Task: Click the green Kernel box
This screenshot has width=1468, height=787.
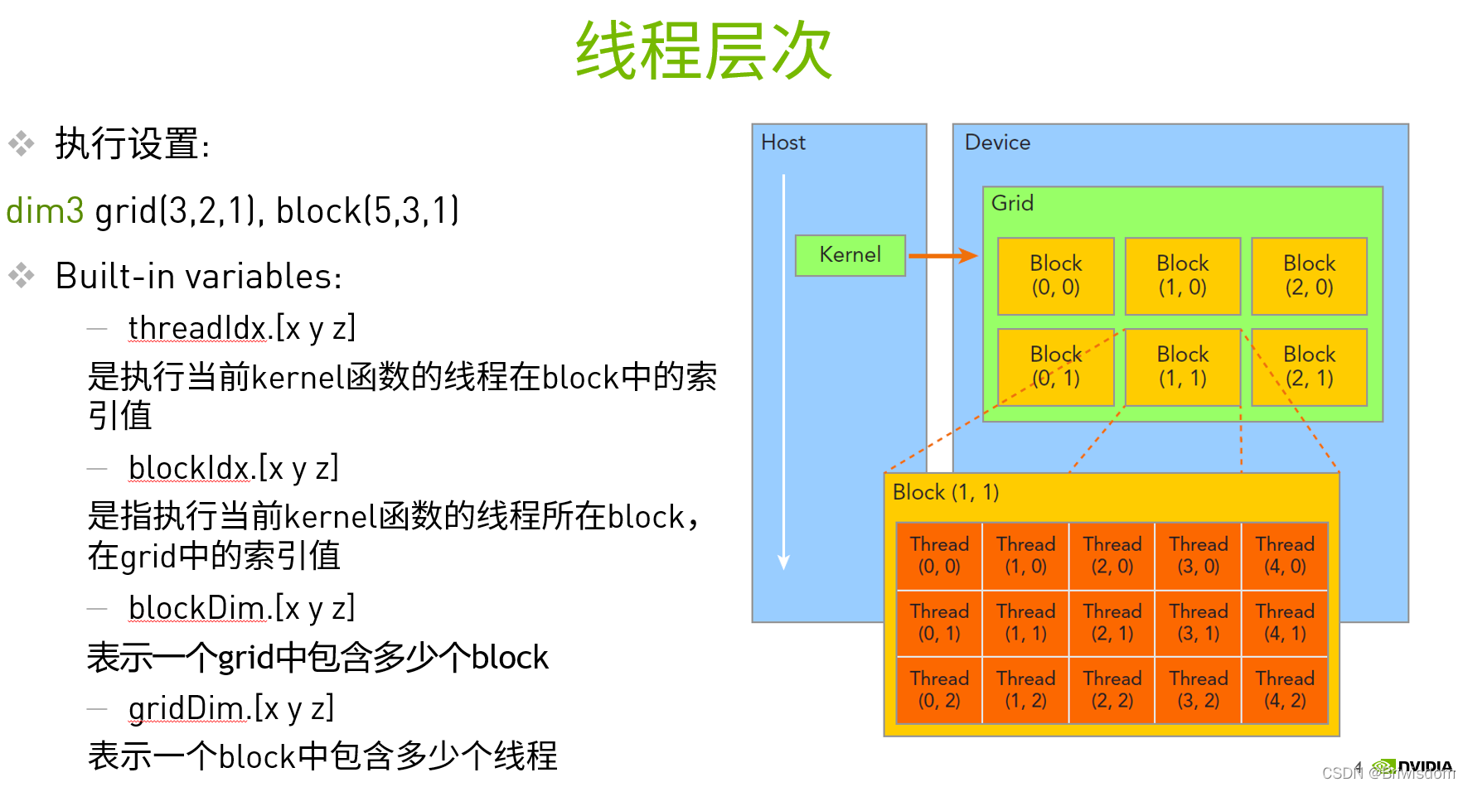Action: (x=850, y=255)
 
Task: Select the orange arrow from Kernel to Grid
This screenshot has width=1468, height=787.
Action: (x=942, y=256)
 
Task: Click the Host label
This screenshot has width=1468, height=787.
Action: (x=782, y=142)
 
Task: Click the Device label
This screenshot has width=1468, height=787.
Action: (x=997, y=142)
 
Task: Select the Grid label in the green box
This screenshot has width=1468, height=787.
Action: (x=1012, y=203)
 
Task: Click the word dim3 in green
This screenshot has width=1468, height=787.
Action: (x=45, y=210)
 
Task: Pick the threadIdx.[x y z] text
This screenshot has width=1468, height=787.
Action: (x=241, y=328)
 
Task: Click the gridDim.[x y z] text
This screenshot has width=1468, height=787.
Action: (x=230, y=708)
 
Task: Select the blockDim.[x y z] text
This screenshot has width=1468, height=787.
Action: (x=241, y=608)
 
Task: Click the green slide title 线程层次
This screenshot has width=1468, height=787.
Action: (x=704, y=51)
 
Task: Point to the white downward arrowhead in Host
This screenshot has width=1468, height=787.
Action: (x=783, y=562)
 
